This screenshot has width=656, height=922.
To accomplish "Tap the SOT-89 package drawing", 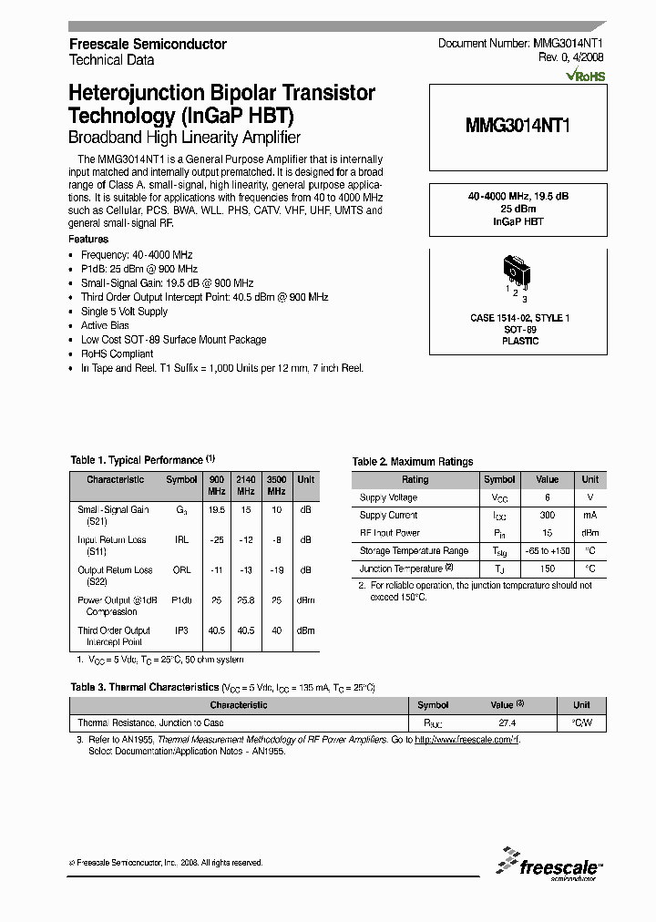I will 516,273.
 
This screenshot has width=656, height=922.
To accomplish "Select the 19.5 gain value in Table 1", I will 216,510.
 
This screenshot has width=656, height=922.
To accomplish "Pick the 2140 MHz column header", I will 246,485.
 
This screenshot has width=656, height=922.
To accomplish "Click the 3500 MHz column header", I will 276,485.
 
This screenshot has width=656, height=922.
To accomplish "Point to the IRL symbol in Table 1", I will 181,540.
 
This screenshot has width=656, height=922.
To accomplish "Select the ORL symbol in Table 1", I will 181,570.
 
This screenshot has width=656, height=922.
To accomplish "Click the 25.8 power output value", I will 246,600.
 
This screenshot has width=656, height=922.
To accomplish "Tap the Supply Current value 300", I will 547,516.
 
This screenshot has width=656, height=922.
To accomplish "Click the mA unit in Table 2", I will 590,516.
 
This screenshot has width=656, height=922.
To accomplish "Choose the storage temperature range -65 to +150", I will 547,550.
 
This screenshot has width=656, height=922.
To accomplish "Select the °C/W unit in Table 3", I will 581,722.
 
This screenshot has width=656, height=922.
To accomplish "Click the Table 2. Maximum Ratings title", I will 413,462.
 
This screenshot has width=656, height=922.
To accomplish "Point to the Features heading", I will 88,240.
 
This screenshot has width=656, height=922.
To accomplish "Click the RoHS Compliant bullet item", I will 117,353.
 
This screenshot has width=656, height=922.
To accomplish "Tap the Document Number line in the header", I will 520,44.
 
